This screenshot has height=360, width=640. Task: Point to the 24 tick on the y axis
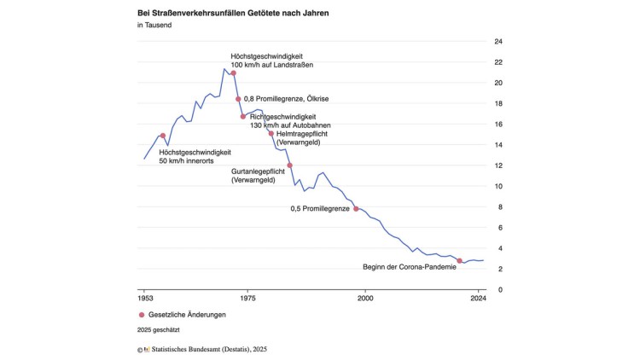(498, 42)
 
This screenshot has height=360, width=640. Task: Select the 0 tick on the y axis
(500, 289)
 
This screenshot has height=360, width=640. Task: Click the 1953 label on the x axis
(144, 300)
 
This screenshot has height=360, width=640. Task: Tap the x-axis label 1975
(247, 300)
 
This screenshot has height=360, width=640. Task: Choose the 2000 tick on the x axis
(365, 300)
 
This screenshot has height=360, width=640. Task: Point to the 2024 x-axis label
(478, 300)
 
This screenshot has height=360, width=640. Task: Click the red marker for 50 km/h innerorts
(162, 136)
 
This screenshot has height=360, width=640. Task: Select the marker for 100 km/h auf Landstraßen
(233, 73)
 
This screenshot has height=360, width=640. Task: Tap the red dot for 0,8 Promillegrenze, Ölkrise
(238, 99)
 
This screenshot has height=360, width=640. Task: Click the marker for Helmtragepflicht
(271, 133)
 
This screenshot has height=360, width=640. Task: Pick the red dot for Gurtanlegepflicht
(290, 165)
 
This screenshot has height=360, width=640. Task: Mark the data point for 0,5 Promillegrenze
(356, 209)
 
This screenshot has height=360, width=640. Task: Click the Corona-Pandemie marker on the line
(460, 261)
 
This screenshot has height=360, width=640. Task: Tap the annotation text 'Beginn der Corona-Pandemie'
(409, 267)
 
